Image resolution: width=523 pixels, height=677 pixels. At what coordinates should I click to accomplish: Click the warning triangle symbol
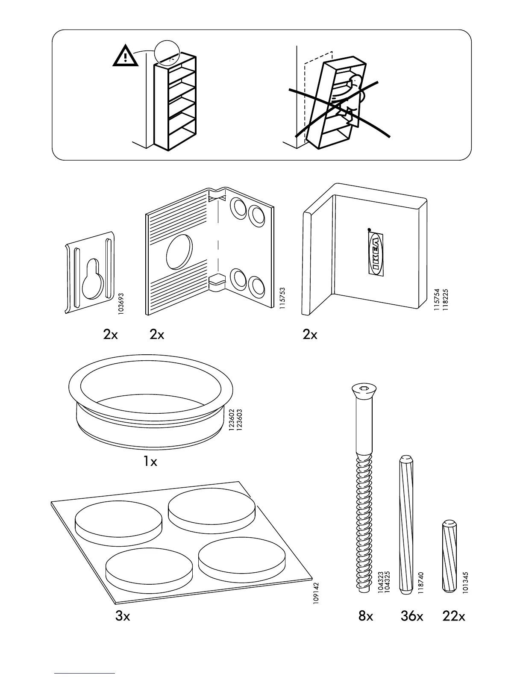point(126,56)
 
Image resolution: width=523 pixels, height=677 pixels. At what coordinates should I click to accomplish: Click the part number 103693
point(121,304)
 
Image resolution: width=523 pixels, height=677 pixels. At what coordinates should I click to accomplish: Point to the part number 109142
point(317,593)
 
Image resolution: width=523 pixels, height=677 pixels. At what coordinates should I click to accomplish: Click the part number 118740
point(421,583)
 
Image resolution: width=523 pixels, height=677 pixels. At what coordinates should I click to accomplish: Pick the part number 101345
point(466,582)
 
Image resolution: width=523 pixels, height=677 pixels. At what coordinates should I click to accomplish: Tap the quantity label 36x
point(412,617)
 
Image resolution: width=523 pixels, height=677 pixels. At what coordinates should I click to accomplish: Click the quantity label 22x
point(454,617)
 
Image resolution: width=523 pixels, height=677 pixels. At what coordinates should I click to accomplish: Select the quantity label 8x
point(366,617)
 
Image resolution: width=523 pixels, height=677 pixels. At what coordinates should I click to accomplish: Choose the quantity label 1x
point(150,462)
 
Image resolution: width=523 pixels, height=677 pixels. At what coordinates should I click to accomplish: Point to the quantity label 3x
point(123,617)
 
